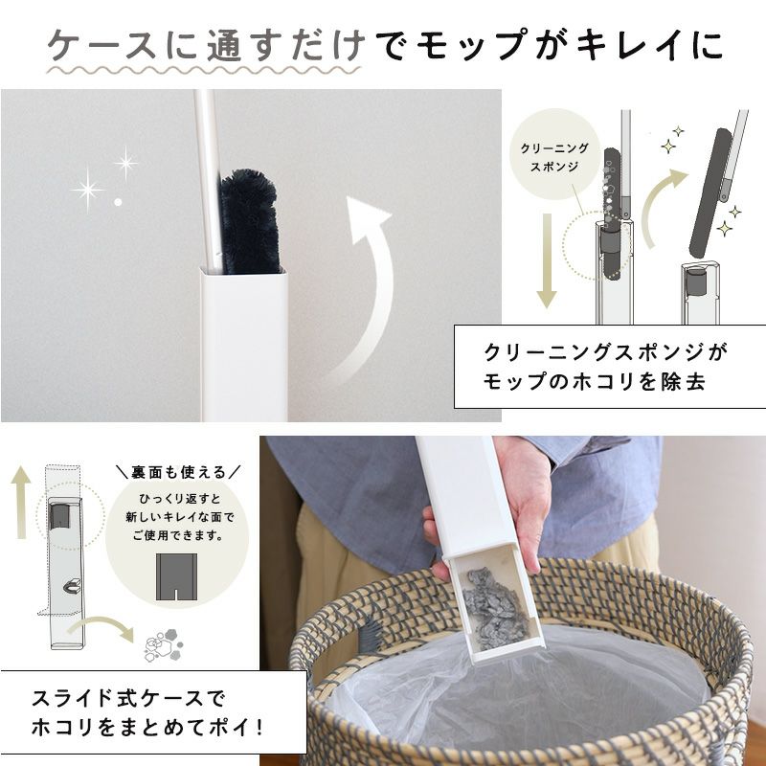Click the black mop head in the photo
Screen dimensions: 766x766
(250, 221)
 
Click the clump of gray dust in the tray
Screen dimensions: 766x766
(495, 610)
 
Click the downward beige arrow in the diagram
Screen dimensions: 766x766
(547, 260)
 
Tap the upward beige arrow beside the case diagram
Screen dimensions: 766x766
(20, 502)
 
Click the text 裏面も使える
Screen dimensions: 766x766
(179, 472)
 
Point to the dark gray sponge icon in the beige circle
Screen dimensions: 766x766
(176, 576)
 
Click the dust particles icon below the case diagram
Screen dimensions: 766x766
(164, 644)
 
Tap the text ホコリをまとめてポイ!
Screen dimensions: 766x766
(147, 728)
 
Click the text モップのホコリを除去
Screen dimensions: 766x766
(595, 381)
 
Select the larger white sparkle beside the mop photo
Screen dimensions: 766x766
(88, 190)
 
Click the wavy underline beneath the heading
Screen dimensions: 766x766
(204, 70)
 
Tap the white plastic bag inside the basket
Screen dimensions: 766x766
(518, 693)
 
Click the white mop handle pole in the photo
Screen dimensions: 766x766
(208, 181)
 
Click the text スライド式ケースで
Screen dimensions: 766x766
(128, 698)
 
